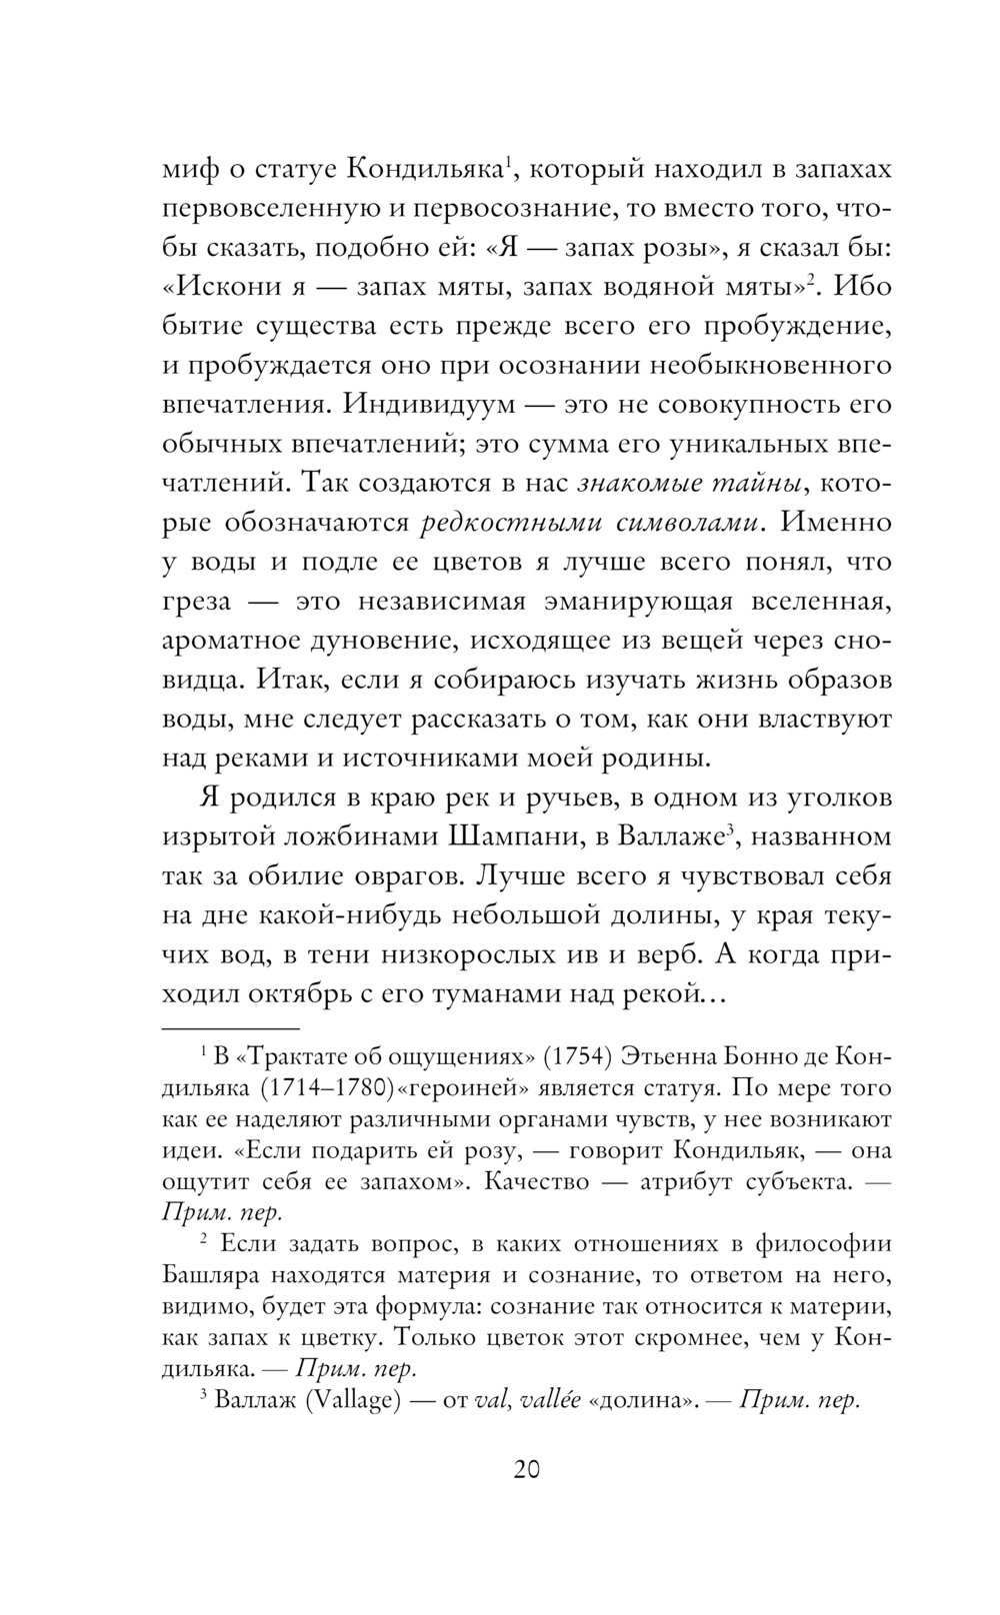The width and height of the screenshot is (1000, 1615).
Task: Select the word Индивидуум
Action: (x=430, y=405)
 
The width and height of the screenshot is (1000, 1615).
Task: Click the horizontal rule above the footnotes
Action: (x=231, y=1026)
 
